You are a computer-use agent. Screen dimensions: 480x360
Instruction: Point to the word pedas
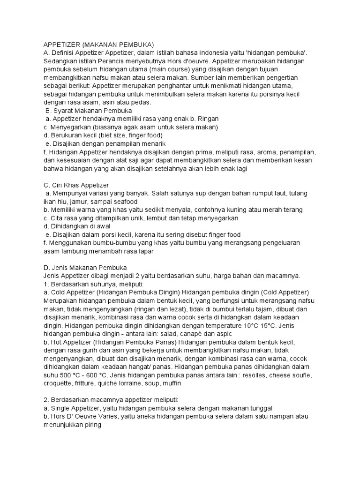click(x=142, y=102)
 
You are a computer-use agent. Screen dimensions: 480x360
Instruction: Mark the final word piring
click(x=91, y=425)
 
